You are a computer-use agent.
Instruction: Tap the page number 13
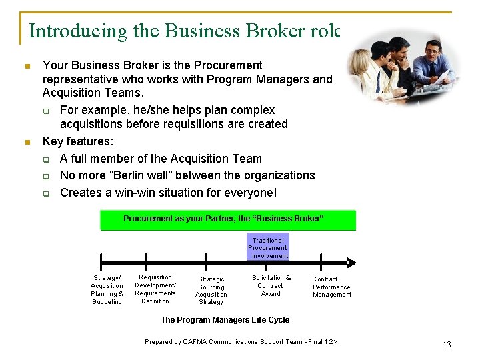pyautogui.click(x=447, y=345)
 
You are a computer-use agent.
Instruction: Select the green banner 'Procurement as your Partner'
pyautogui.click(x=228, y=219)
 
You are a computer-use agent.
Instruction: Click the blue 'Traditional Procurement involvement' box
pyautogui.click(x=268, y=247)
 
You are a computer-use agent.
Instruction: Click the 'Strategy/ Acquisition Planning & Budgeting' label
pyautogui.click(x=107, y=290)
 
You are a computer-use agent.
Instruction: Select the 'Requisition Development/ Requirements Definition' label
pyautogui.click(x=155, y=289)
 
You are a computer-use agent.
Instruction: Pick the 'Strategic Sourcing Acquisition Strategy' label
pyautogui.click(x=211, y=291)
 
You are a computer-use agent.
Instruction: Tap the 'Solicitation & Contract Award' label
pyautogui.click(x=271, y=285)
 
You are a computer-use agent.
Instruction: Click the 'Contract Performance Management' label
pyautogui.click(x=331, y=287)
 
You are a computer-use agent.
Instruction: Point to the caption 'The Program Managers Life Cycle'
pyautogui.click(x=225, y=320)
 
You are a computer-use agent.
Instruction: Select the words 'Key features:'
pyautogui.click(x=78, y=141)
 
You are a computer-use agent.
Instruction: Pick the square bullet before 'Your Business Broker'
pyautogui.click(x=27, y=66)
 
